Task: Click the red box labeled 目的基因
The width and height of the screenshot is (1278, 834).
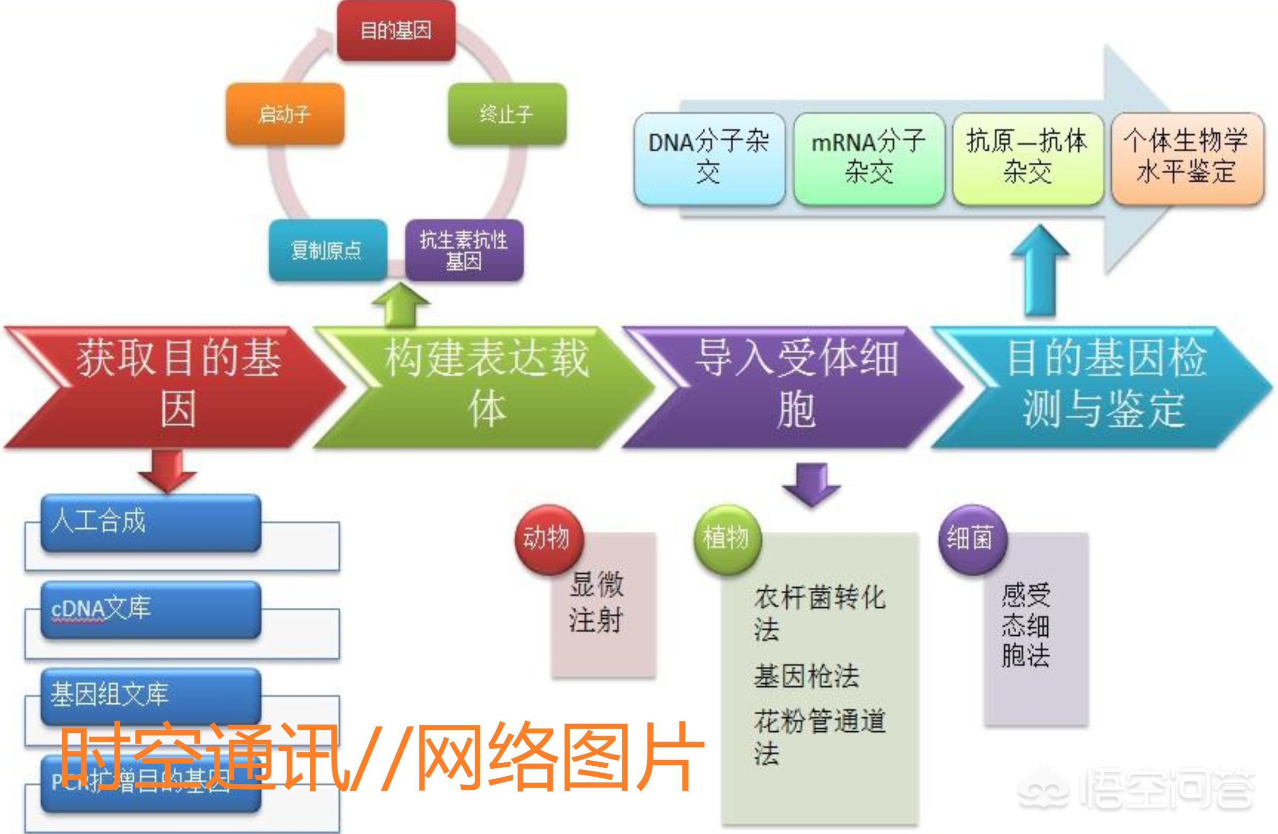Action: point(396,30)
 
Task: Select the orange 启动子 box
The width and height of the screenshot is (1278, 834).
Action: point(285,114)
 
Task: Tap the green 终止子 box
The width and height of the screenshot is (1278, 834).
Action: point(507,114)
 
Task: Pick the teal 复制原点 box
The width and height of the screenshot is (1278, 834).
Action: point(327,250)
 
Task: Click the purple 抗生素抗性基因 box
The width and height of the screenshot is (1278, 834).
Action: point(464,250)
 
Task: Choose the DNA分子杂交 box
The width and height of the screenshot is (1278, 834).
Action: point(709,158)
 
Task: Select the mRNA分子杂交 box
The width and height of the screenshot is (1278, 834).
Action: point(869,158)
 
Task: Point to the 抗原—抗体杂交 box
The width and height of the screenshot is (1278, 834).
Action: point(1028,158)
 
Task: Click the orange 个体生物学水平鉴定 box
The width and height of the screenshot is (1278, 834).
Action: point(1187,158)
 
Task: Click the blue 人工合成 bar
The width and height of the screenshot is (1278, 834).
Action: point(150,522)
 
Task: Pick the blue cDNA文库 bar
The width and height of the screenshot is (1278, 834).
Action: point(150,609)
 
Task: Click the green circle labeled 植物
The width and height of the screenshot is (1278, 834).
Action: point(727,539)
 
